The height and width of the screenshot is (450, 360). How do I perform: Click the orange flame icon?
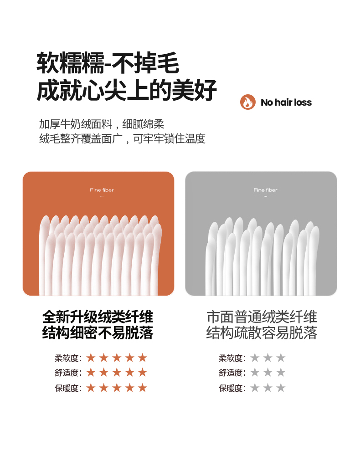pyautogui.click(x=248, y=102)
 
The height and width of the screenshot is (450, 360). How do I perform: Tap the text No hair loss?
pyautogui.click(x=286, y=102)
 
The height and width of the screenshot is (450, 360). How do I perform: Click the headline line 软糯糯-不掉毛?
pyautogui.click(x=108, y=63)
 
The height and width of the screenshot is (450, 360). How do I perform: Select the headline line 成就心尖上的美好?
pyautogui.click(x=126, y=90)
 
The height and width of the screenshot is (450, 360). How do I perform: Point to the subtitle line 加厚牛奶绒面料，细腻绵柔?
pyautogui.click(x=102, y=124)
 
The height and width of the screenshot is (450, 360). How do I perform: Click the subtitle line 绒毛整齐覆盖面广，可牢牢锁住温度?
pyautogui.click(x=122, y=138)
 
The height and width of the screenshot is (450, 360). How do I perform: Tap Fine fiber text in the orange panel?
pyautogui.click(x=102, y=190)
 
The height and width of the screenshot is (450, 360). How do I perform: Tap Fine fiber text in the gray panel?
pyautogui.click(x=265, y=190)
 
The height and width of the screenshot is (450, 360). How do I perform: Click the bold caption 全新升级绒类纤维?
pyautogui.click(x=98, y=317)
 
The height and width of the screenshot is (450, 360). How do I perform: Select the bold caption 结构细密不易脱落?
pyautogui.click(x=98, y=332)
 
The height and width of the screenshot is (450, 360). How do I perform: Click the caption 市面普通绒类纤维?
pyautogui.click(x=262, y=317)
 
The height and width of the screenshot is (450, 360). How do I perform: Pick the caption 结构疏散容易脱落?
pyautogui.click(x=262, y=332)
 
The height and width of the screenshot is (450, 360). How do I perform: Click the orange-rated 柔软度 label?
pyautogui.click(x=68, y=358)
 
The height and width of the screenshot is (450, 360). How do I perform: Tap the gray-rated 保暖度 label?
pyautogui.click(x=232, y=389)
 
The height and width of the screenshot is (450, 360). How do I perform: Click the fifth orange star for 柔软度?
pyautogui.click(x=142, y=358)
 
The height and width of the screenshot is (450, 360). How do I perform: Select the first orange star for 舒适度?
pyautogui.click(x=91, y=373)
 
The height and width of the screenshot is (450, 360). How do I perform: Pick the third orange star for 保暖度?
pyautogui.click(x=117, y=388)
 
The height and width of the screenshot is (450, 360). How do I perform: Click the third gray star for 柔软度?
pyautogui.click(x=281, y=358)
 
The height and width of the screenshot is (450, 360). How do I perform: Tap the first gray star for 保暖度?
pyautogui.click(x=255, y=388)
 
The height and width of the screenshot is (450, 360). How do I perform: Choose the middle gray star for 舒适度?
pyautogui.click(x=268, y=373)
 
